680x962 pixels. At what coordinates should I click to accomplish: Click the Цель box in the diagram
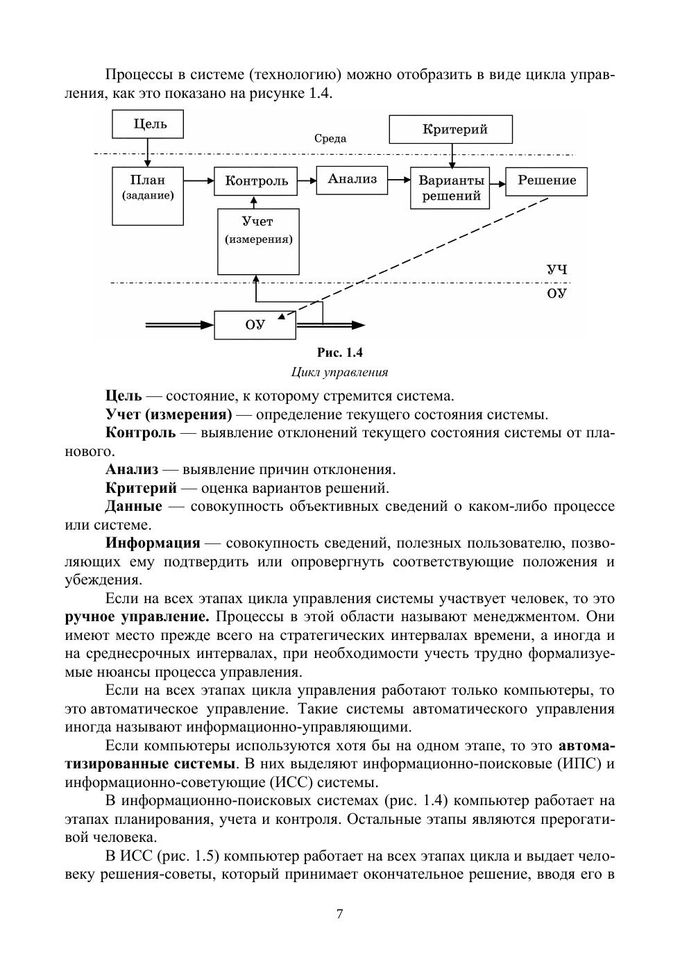149,125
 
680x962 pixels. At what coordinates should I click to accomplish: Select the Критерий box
451,129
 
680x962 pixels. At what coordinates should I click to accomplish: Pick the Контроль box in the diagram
256,181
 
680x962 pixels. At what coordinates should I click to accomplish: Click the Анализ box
352,180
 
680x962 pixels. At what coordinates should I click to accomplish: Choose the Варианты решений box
450,187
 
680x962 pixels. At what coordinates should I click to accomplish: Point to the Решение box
546,180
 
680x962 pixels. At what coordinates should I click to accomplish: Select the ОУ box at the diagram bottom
255,325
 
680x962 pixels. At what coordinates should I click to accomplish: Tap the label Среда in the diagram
330,138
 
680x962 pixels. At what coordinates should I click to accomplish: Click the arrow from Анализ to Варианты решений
399,179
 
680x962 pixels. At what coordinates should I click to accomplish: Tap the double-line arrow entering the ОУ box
179,325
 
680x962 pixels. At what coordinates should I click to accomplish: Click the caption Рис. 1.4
340,352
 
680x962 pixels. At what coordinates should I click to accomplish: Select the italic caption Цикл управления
339,372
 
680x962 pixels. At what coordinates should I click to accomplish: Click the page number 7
339,913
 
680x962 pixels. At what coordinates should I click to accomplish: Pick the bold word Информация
153,543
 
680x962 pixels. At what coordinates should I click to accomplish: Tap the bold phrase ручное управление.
137,616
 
